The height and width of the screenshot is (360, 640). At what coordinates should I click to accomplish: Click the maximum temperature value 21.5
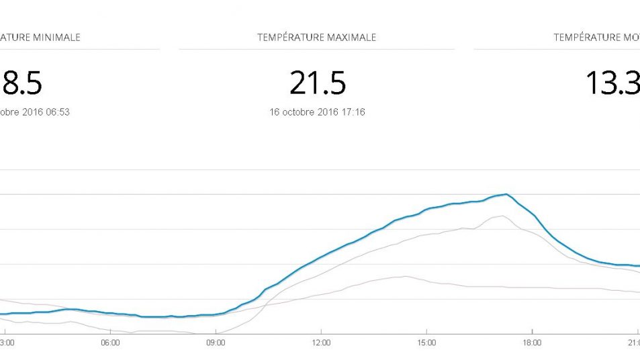318,83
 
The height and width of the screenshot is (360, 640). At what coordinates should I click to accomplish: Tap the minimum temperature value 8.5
23,83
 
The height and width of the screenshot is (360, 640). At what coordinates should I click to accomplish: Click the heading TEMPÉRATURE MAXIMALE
316,38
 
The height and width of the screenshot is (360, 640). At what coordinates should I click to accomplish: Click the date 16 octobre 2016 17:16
317,112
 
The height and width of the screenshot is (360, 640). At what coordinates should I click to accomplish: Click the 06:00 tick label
110,343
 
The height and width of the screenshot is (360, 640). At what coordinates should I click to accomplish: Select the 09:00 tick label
216,343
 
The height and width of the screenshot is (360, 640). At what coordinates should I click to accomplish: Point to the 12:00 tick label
321,343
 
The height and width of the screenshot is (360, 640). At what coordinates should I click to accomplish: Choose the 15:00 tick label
426,343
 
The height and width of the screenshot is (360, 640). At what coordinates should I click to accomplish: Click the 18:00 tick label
532,343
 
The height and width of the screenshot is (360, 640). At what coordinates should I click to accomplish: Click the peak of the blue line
506,194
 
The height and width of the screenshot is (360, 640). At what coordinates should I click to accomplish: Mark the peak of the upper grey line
502,216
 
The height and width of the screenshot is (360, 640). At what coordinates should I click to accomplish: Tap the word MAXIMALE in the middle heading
351,38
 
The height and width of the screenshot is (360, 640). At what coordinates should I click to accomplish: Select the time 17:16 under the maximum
353,112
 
